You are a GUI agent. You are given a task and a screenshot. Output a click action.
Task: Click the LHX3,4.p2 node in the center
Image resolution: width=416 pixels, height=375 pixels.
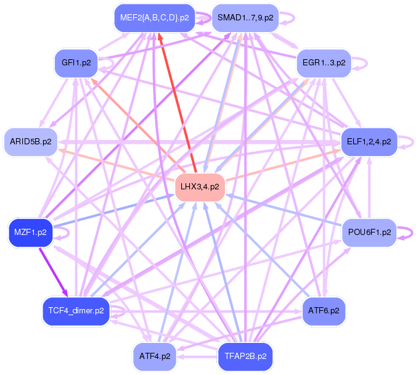(199, 186)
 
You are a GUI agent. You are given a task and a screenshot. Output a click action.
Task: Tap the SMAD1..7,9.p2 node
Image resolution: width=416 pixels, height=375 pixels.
(245, 18)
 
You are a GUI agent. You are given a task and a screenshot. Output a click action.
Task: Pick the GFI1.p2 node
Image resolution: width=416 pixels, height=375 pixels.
(76, 63)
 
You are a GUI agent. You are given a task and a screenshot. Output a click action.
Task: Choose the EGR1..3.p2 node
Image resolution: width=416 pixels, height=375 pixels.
(324, 63)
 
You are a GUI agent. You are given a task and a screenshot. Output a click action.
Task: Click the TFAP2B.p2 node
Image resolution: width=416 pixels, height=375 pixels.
(245, 356)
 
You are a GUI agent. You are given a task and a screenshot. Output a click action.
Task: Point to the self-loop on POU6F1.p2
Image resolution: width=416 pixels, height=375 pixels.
(404, 232)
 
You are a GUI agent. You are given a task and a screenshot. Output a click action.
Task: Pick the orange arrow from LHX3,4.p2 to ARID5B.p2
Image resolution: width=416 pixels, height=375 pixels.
(117, 163)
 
